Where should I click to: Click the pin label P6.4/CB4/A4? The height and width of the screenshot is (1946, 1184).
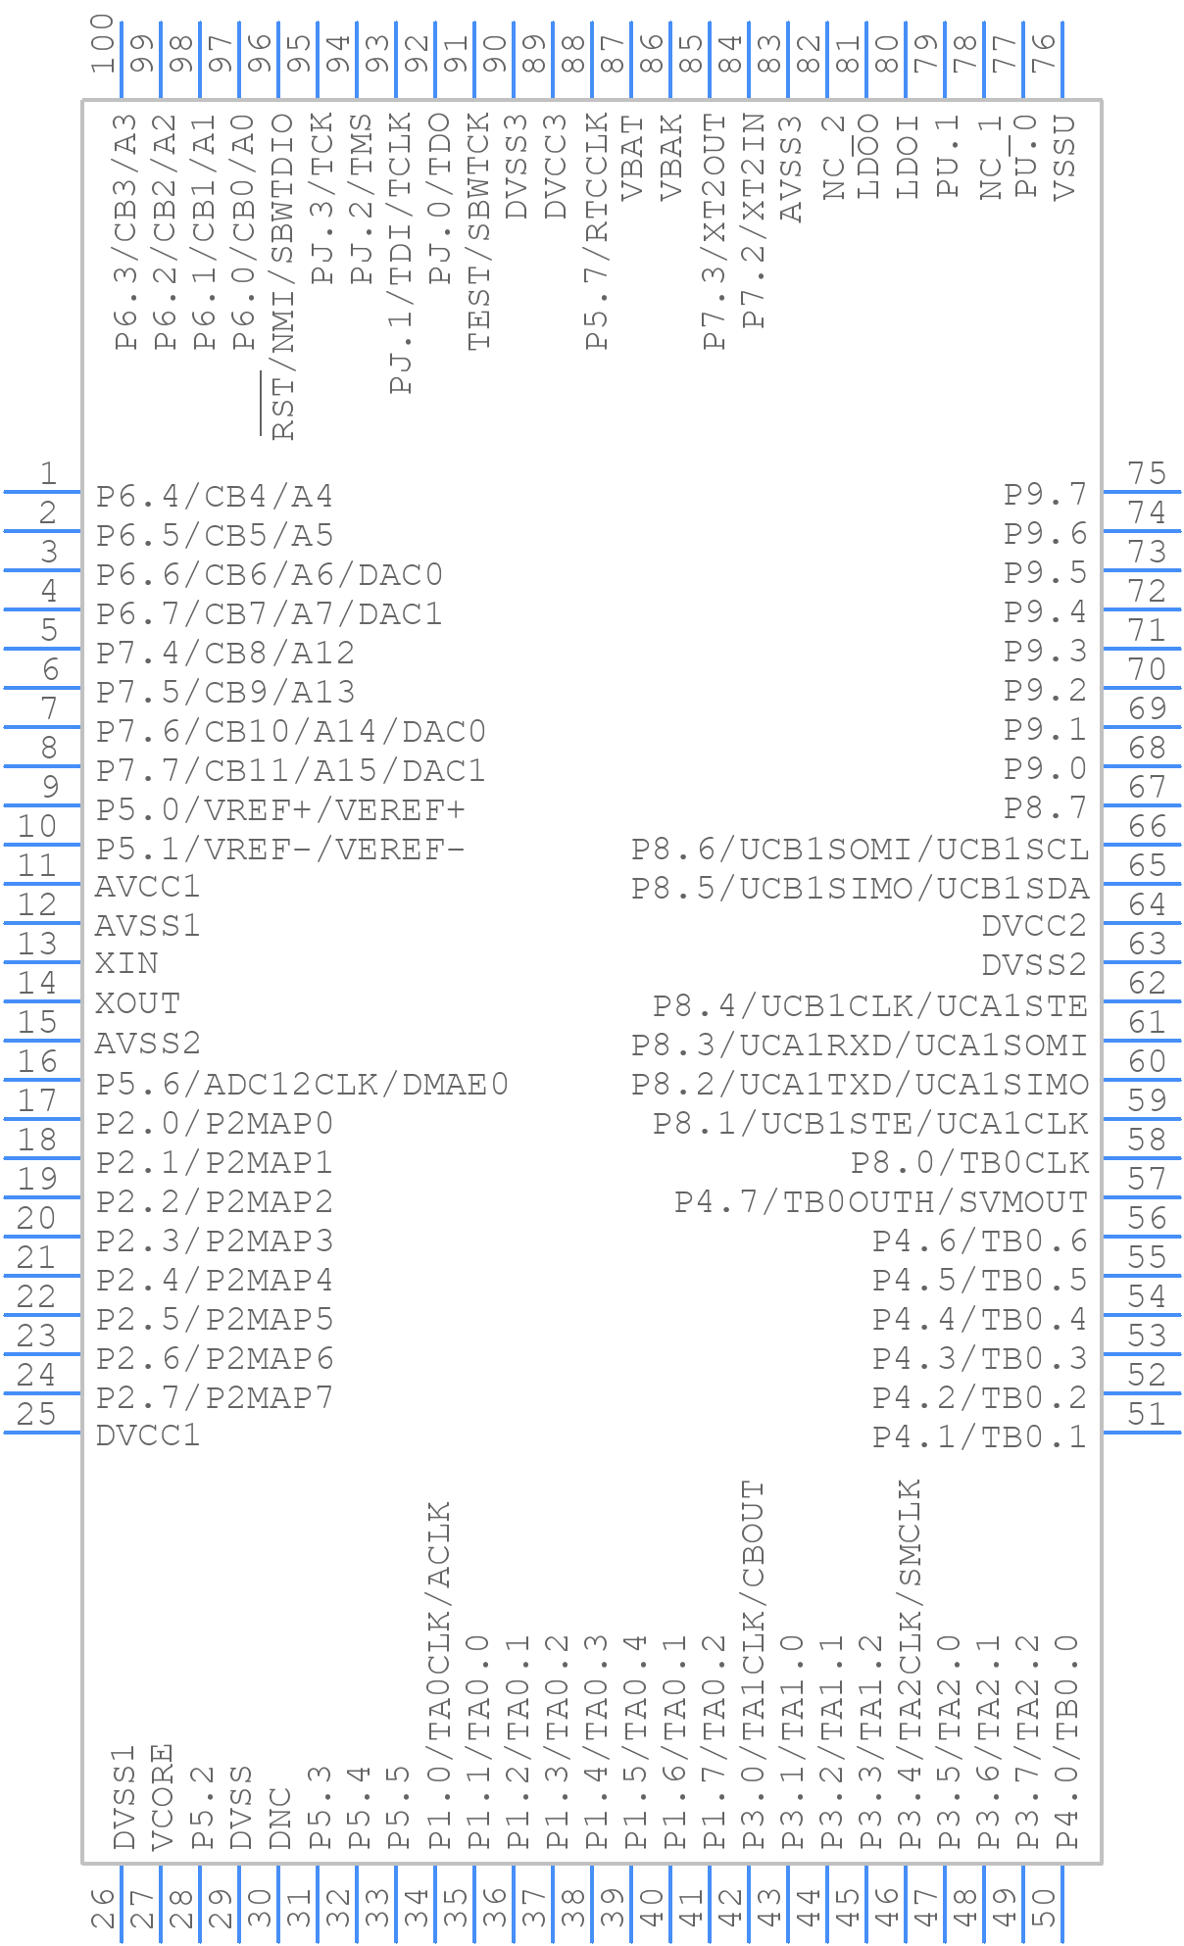215,497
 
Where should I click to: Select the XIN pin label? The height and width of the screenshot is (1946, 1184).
126,963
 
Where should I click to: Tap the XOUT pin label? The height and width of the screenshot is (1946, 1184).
137,1003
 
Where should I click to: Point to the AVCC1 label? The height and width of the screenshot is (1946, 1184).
148,887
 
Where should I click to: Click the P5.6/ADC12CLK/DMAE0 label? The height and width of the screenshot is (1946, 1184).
302,1084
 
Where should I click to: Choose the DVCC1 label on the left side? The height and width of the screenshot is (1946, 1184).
148,1435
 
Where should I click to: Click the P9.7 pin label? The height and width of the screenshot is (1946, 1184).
1046,494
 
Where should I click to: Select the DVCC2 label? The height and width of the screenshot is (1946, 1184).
1035,925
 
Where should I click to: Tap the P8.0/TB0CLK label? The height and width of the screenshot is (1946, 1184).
969,1162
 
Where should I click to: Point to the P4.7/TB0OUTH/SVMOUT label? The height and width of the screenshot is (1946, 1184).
881,1201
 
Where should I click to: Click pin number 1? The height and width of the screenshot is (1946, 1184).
48,474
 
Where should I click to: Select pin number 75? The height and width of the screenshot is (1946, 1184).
1147,474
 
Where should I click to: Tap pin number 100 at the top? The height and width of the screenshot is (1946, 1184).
103,44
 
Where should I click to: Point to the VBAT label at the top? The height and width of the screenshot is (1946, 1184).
634,158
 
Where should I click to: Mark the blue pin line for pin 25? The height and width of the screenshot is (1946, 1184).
43,1433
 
